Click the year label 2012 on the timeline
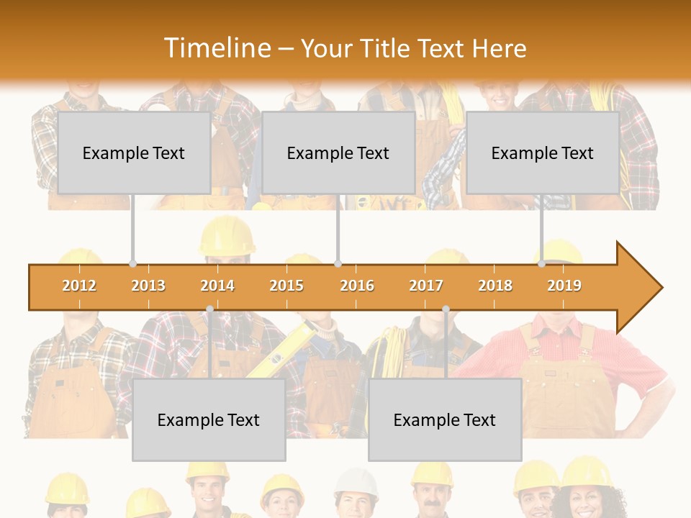(79, 286)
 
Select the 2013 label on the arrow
(148, 286)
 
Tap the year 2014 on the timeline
(217, 286)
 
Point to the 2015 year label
(286, 286)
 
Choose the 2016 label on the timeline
(357, 286)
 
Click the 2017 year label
(426, 286)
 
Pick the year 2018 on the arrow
(495, 286)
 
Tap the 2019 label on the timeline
(564, 286)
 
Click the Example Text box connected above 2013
(134, 153)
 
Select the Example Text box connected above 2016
(338, 153)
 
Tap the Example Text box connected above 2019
(543, 153)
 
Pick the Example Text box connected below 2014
(209, 419)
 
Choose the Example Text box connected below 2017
(445, 419)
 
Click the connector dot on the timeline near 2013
(132, 264)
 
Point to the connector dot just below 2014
(209, 309)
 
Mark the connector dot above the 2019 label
(541, 264)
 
